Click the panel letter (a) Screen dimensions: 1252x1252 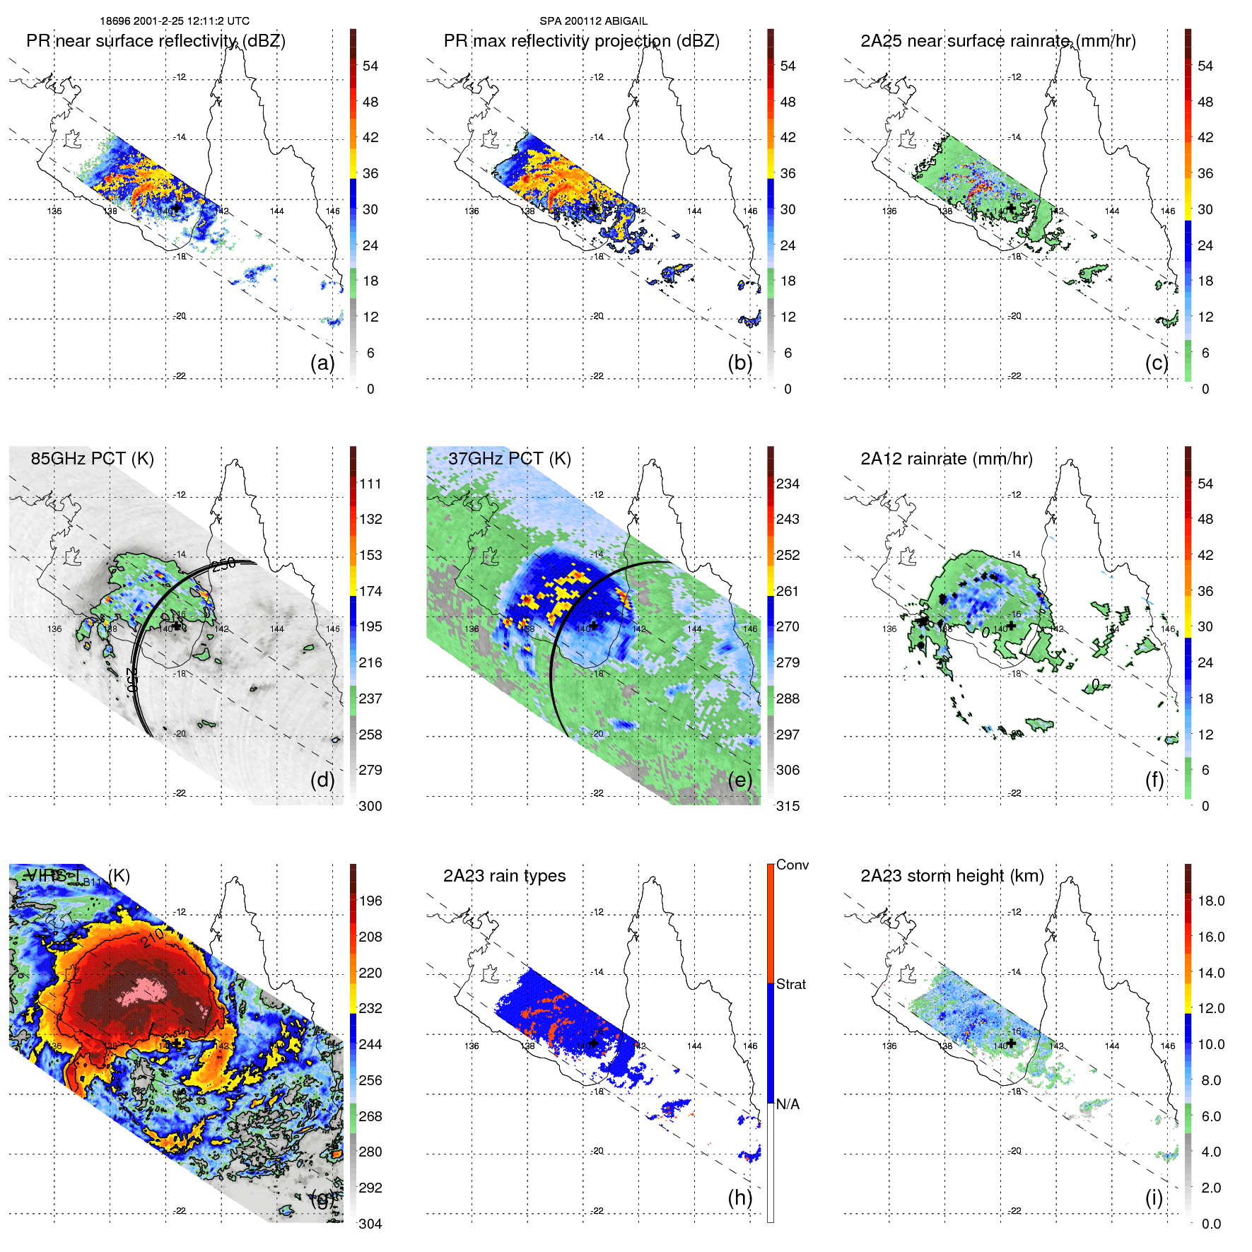[x=322, y=363]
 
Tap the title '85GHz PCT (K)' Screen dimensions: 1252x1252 [x=92, y=458]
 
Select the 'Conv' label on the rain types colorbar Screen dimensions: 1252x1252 [x=792, y=865]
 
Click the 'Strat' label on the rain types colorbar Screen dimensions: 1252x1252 [x=790, y=984]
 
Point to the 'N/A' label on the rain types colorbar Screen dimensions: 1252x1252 [x=788, y=1104]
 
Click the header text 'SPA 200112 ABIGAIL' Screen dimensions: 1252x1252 [x=593, y=21]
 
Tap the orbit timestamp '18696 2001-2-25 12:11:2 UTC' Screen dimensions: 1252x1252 [x=175, y=21]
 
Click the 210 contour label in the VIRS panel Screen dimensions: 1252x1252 [x=153, y=937]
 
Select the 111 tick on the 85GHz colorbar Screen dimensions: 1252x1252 [x=370, y=484]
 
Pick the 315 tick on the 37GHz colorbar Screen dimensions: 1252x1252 [x=788, y=806]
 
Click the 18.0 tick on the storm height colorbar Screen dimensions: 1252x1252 [x=1211, y=901]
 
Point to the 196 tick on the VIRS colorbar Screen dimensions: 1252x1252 [x=370, y=901]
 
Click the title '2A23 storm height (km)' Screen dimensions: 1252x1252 [x=952, y=876]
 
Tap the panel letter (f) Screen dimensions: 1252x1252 [x=1154, y=780]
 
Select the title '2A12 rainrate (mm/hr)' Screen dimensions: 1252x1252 [x=946, y=458]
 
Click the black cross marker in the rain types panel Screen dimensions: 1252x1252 [x=594, y=1043]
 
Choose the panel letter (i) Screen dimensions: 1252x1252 [x=1154, y=1198]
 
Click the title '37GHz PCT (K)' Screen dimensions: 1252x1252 [x=509, y=458]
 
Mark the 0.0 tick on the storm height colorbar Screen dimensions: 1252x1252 [x=1211, y=1224]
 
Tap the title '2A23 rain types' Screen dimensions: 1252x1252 [x=504, y=876]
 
